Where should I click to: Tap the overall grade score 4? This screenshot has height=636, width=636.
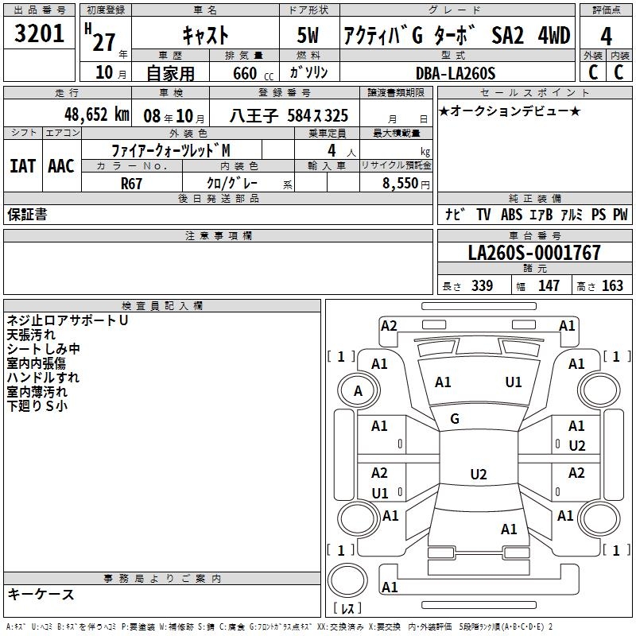pyautogui.click(x=606, y=37)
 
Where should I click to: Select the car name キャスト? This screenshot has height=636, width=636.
pyautogui.click(x=205, y=35)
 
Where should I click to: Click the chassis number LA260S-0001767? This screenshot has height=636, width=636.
pyautogui.click(x=534, y=253)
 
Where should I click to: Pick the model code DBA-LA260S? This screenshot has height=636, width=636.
pyautogui.click(x=456, y=74)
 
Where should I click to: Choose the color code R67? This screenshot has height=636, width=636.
pyautogui.click(x=132, y=183)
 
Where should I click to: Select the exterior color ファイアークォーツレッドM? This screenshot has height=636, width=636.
pyautogui.click(x=171, y=150)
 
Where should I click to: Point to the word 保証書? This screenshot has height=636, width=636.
pyautogui.click(x=27, y=214)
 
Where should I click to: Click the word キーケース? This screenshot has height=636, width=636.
pyautogui.click(x=41, y=595)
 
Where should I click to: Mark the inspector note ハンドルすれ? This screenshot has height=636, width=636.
pyautogui.click(x=43, y=378)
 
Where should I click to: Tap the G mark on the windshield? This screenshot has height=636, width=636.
pyautogui.click(x=455, y=418)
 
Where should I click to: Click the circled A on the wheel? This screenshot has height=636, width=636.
pyautogui.click(x=358, y=391)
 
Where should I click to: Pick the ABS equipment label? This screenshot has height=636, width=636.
pyautogui.click(x=511, y=214)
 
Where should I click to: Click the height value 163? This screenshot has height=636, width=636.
pyautogui.click(x=613, y=285)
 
